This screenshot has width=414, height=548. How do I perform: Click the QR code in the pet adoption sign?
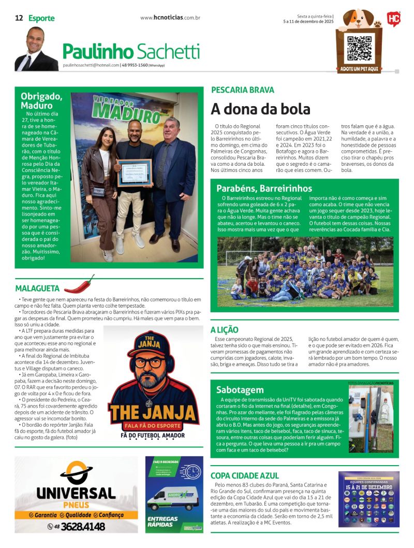[x=359, y=48]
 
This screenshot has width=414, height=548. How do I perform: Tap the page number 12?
[x=19, y=18]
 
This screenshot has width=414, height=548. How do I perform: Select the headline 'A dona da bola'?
[x=260, y=109]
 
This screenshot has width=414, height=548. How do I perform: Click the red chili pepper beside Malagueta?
[x=79, y=284]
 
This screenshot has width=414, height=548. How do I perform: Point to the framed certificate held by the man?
[x=134, y=172]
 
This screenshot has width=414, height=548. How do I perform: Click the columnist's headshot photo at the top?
[x=36, y=49]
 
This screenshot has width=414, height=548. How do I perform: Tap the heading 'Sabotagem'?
[x=240, y=390]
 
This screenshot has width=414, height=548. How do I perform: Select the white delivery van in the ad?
[x=172, y=498]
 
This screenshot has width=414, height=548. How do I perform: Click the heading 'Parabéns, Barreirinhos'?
[x=264, y=188]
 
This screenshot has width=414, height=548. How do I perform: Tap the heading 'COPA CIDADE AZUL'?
[x=245, y=475]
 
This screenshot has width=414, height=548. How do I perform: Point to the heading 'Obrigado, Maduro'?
[x=41, y=100]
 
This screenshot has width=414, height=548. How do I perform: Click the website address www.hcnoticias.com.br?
[x=170, y=18]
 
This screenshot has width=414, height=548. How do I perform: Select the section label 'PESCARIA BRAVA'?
[x=242, y=90]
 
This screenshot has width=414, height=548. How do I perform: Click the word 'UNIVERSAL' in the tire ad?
[x=76, y=493]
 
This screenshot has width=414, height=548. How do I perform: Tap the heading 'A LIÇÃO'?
[x=224, y=329]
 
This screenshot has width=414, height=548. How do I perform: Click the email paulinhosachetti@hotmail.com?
[x=91, y=65]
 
